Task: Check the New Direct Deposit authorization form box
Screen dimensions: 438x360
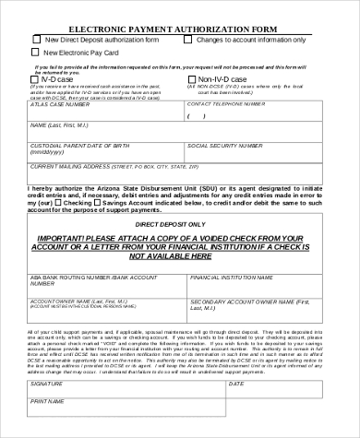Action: (36, 40)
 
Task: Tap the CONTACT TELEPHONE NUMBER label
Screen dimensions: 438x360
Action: (226, 104)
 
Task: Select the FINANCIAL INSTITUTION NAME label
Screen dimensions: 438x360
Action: (226, 277)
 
